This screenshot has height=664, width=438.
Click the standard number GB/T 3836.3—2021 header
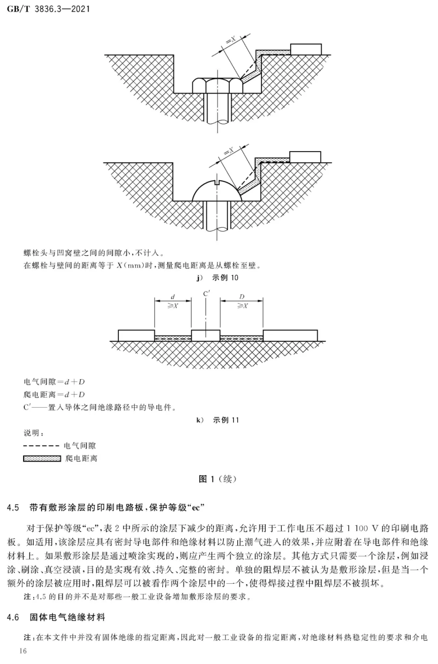tap(48, 9)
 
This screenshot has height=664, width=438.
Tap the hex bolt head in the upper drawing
tap(217, 85)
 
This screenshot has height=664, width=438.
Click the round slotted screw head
tap(217, 190)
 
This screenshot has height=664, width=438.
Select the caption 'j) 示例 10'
tap(217, 278)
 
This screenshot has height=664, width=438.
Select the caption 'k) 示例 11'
tap(217, 420)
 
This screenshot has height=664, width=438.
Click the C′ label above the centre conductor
tap(206, 294)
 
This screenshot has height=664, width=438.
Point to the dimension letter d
tap(173, 297)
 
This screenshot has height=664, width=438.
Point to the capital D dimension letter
tap(242, 297)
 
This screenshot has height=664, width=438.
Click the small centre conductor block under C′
tap(206, 335)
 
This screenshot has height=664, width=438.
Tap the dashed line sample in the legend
tap(41, 446)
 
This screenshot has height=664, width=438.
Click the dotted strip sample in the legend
tap(42, 459)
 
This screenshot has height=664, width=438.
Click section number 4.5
tap(13, 508)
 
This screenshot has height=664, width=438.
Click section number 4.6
tap(13, 617)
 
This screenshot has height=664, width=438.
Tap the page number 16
tap(23, 651)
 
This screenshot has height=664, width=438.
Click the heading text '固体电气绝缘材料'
tap(67, 617)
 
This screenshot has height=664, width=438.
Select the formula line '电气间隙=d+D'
tap(54, 382)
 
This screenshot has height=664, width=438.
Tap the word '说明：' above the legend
tap(34, 433)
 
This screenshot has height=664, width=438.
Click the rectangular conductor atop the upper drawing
tap(306, 49)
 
